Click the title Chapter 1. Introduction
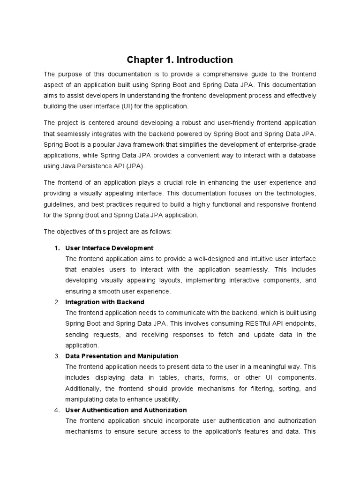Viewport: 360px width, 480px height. pyautogui.click(x=180, y=60)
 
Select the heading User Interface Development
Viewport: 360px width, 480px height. pyautogui.click(x=109, y=248)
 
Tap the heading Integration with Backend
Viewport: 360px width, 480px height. pyautogui.click(x=105, y=302)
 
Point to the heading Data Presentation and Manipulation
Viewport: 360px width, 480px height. pyautogui.click(x=122, y=356)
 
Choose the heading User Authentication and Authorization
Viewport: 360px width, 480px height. pyautogui.click(x=126, y=410)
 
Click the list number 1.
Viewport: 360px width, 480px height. pyautogui.click(x=57, y=248)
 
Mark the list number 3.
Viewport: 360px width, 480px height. pyautogui.click(x=57, y=356)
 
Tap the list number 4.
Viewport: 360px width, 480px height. pyautogui.click(x=57, y=410)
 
